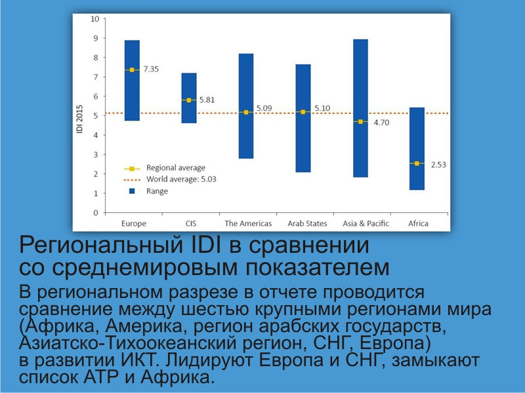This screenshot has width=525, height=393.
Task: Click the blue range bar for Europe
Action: click(x=133, y=81)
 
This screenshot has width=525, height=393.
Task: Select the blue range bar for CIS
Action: click(x=189, y=98)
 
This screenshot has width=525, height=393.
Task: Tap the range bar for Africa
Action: click(x=417, y=149)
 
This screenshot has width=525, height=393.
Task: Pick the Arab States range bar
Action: click(x=303, y=119)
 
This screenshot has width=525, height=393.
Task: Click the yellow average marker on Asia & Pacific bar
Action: click(x=360, y=122)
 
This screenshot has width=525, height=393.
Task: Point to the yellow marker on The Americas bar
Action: click(x=246, y=112)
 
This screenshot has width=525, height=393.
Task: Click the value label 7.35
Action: click(x=152, y=69)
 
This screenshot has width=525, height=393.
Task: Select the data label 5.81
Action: click(x=207, y=100)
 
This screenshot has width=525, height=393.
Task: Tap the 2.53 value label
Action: click(x=438, y=165)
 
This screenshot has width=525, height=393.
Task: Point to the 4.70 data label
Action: click(x=381, y=122)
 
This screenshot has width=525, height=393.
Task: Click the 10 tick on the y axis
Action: click(x=95, y=19)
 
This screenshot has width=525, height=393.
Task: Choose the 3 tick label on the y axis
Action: click(x=96, y=155)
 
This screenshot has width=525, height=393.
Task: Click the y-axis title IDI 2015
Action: click(x=79, y=119)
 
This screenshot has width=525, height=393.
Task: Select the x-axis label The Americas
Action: click(x=248, y=223)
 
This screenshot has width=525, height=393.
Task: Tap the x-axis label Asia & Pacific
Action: click(x=366, y=223)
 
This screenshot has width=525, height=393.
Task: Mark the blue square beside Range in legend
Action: click(x=133, y=191)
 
